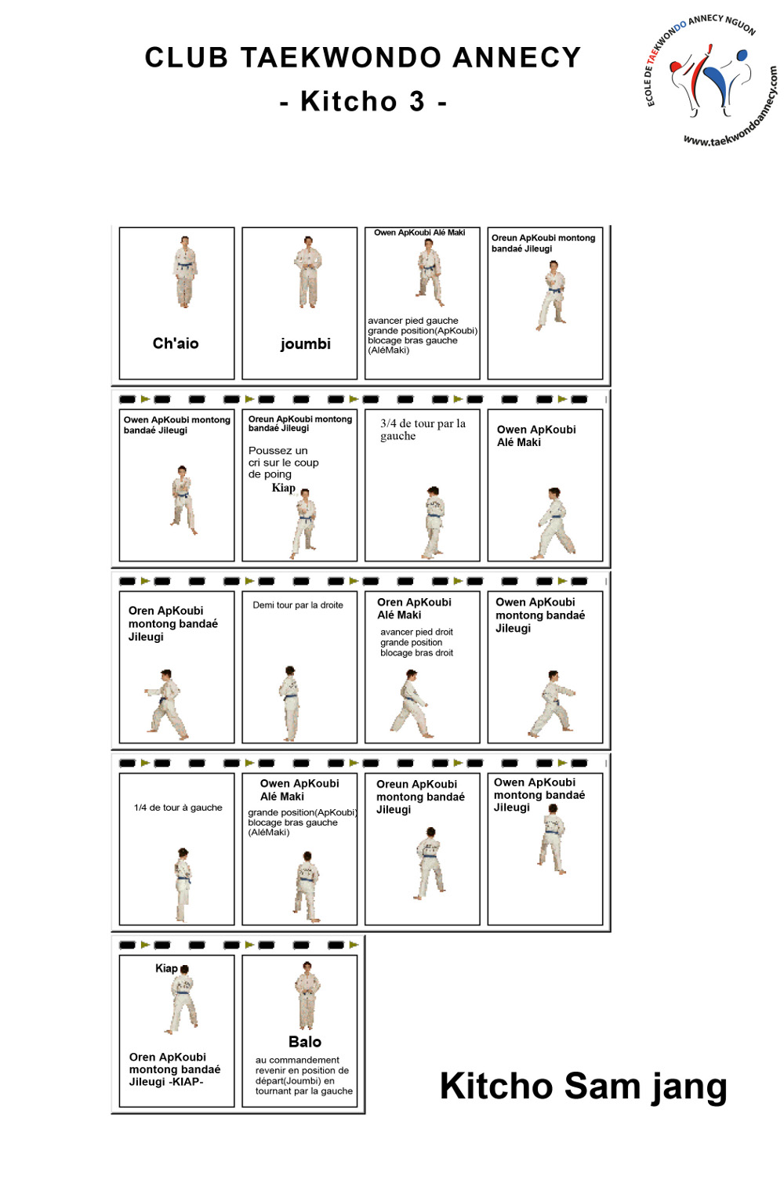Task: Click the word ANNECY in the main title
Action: (x=516, y=57)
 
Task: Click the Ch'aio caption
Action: (x=176, y=343)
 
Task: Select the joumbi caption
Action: (x=306, y=344)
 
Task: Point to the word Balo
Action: (x=305, y=1042)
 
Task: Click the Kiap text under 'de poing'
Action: (x=284, y=488)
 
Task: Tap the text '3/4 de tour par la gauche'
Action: (x=423, y=430)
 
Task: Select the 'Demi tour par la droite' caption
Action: (x=298, y=605)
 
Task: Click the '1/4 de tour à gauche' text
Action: (x=178, y=807)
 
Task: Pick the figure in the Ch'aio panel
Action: (x=184, y=272)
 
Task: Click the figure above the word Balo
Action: (x=307, y=995)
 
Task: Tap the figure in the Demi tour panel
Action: (x=289, y=703)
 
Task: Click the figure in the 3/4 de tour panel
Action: (x=434, y=522)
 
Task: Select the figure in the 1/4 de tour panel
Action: (x=182, y=884)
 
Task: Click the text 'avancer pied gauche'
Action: (x=413, y=321)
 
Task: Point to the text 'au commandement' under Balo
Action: (x=297, y=1060)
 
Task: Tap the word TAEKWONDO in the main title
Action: (x=341, y=57)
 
